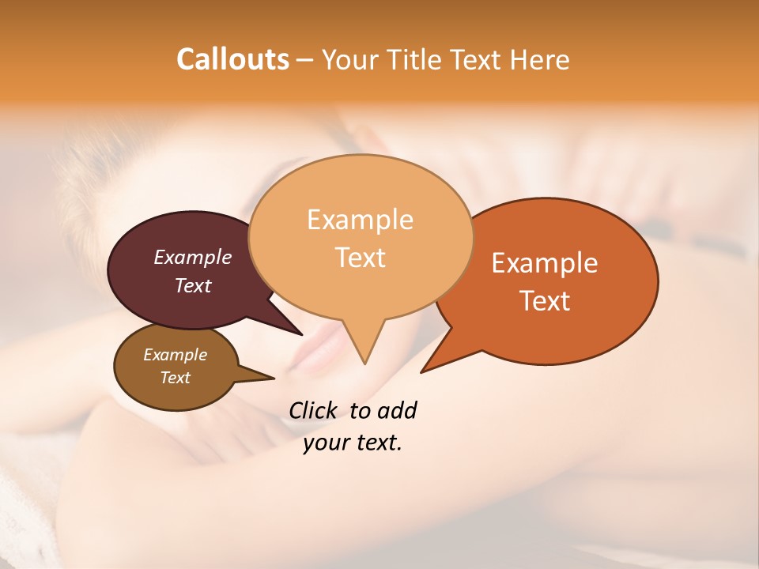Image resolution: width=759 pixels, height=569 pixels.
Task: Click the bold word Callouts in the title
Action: point(232,59)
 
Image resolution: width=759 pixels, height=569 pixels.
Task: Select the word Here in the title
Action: point(540,59)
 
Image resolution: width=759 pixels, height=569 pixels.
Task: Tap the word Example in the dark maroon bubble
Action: point(192,257)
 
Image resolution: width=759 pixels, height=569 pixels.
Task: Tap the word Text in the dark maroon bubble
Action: point(192,285)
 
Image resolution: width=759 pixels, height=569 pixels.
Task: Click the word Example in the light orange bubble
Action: point(360,220)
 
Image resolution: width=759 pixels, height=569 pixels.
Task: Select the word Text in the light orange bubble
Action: point(360,257)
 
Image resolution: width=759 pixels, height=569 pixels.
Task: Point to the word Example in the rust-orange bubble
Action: point(545,263)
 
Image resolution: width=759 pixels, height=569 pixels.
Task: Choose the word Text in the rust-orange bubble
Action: point(545,300)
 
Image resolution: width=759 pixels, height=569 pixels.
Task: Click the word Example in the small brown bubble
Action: point(175,355)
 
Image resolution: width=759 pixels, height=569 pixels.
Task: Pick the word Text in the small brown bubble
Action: point(175,378)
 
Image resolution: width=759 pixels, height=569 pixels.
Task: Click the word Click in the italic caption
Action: point(312,410)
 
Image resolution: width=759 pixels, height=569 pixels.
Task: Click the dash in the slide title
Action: point(305,60)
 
